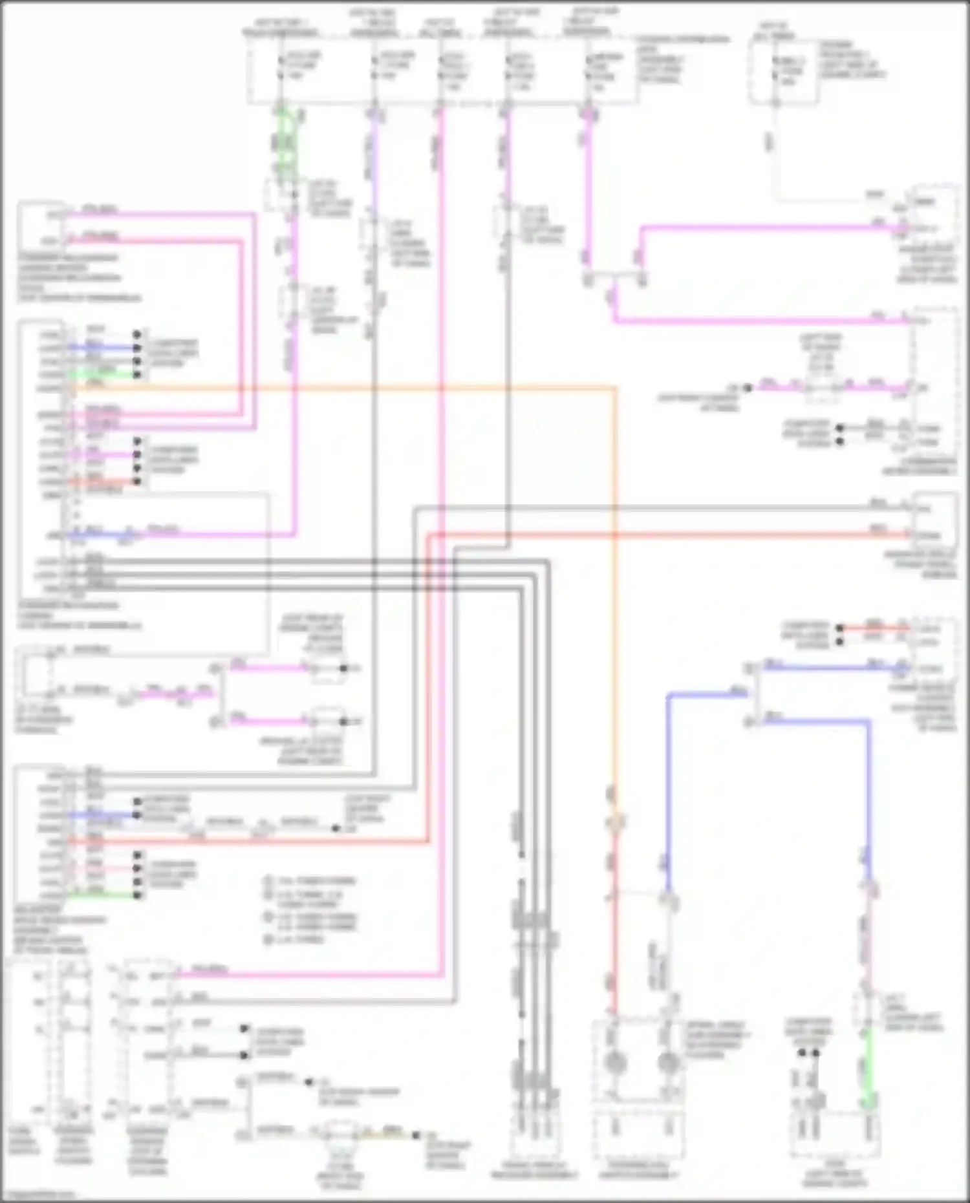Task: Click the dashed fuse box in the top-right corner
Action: (x=782, y=71)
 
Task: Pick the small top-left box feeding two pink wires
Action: (x=40, y=226)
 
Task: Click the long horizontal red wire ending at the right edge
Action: (x=647, y=535)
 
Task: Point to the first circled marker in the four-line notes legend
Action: (x=269, y=881)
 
